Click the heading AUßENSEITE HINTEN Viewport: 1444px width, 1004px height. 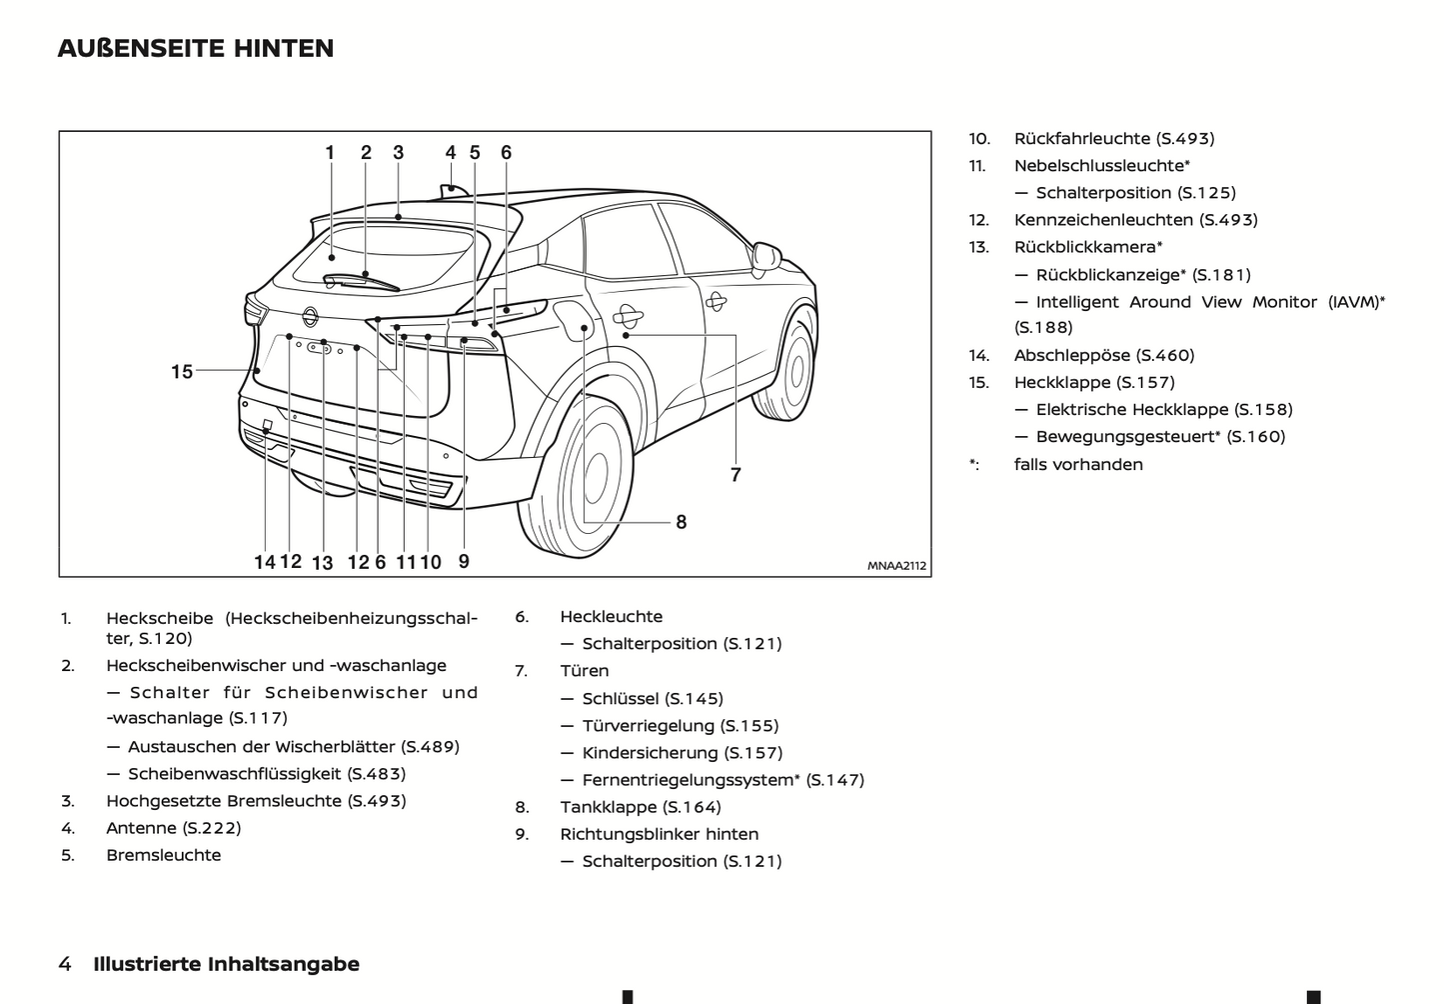pos(196,48)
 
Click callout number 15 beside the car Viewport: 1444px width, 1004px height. pos(181,372)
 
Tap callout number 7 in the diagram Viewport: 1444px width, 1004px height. pos(735,475)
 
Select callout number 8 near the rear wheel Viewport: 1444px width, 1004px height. pos(681,522)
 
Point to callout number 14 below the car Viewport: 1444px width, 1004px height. pos(264,562)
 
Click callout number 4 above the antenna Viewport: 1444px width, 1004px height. pos(451,153)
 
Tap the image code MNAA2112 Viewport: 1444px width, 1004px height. pos(896,566)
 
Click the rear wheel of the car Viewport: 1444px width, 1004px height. pos(590,475)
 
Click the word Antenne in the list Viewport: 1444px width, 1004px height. pos(141,828)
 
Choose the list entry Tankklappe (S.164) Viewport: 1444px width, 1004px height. pos(640,807)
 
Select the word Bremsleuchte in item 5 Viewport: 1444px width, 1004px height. pos(164,855)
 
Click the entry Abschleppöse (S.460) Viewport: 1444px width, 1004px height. pos(1103,355)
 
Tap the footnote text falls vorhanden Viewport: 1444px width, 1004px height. pos(1078,464)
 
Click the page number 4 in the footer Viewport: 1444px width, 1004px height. pos(65,964)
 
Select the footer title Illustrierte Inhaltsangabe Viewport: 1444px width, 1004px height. pos(226,964)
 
